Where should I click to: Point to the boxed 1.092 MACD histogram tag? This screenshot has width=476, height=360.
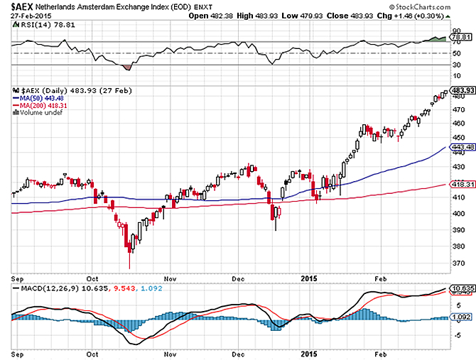pyautogui.click(x=462, y=317)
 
